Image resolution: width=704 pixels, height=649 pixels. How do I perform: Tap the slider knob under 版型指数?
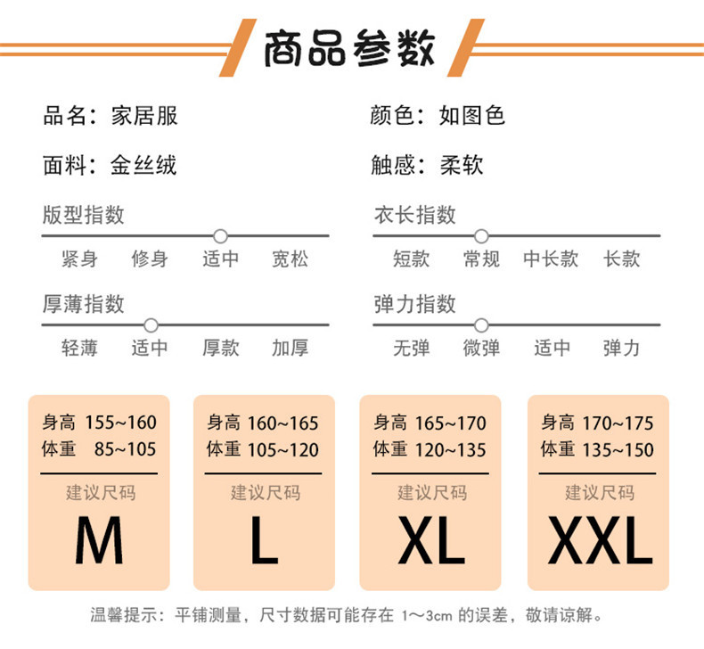[221, 236]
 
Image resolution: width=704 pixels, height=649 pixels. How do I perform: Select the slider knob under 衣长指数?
[481, 236]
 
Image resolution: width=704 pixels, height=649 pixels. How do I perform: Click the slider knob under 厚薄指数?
[151, 325]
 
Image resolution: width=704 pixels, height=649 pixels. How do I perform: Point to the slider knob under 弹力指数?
[481, 325]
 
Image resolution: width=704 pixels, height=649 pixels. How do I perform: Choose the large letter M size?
[98, 541]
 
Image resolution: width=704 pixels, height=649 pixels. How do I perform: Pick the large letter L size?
[264, 541]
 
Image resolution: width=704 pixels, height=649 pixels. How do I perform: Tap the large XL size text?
[430, 541]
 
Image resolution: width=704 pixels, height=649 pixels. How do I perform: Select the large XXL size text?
[598, 541]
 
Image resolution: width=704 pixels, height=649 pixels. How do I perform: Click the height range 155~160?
[121, 423]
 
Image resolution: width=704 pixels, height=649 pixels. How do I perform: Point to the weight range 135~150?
[618, 449]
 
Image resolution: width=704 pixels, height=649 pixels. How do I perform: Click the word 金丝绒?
[143, 165]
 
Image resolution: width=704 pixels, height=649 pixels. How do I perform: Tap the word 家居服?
[143, 116]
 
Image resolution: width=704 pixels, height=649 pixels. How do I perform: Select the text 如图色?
[472, 116]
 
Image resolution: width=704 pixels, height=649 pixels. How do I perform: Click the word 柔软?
[462, 165]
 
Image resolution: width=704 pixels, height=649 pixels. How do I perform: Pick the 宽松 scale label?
[290, 259]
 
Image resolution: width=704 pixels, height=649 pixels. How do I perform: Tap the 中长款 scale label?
[551, 259]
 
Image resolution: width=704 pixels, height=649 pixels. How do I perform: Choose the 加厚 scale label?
[290, 348]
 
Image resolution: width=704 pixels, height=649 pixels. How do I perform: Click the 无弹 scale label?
[412, 348]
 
